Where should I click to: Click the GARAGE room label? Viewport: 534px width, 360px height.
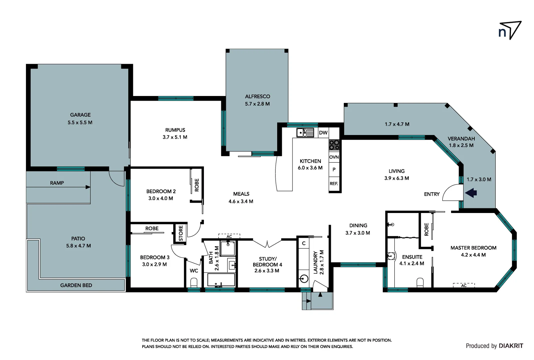80,115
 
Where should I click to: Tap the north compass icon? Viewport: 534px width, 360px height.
509,30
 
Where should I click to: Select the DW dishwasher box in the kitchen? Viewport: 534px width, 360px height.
323,133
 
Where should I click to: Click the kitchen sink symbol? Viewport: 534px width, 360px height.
305,133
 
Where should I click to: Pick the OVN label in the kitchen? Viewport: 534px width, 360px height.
334,157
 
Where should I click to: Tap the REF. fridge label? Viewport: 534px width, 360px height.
334,184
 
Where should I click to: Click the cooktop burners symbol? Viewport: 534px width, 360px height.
334,145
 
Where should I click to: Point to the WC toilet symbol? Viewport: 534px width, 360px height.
194,282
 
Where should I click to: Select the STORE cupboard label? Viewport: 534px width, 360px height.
181,233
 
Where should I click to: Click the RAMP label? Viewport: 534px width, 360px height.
57,183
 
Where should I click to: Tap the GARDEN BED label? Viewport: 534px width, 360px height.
76,285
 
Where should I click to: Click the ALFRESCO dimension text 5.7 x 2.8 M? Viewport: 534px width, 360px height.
257,104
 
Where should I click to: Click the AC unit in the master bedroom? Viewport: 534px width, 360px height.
464,285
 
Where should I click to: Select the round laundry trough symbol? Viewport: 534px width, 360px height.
304,279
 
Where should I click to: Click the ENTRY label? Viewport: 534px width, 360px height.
432,194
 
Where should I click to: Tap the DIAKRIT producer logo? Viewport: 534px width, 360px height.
511,346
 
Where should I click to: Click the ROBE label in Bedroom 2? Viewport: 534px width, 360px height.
197,185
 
